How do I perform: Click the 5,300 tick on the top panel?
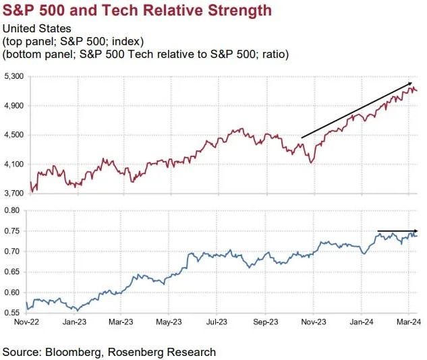point(13,77)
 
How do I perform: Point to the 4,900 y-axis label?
point(13,106)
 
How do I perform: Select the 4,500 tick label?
point(13,135)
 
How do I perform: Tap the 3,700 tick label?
point(13,193)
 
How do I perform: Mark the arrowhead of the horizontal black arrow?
point(416,231)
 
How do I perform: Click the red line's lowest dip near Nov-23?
point(311,162)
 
